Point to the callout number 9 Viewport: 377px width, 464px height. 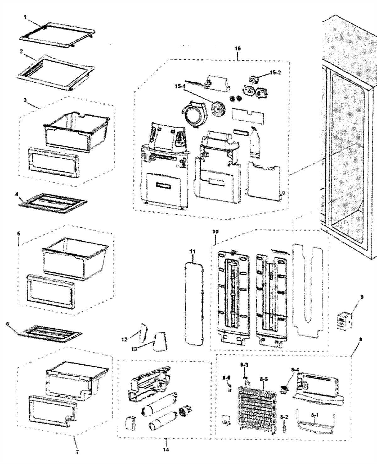(362, 296)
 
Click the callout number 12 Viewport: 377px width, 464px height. (124, 339)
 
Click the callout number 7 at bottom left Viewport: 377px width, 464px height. (77, 452)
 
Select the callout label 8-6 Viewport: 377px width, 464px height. (227, 377)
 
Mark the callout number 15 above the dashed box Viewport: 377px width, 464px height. (238, 48)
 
